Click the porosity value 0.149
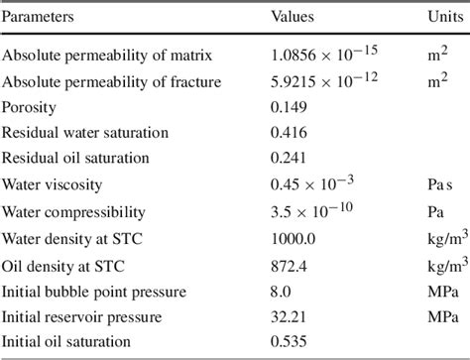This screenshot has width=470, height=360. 289,105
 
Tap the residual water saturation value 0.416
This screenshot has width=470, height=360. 289,131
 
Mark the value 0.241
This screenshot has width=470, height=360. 289,158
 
